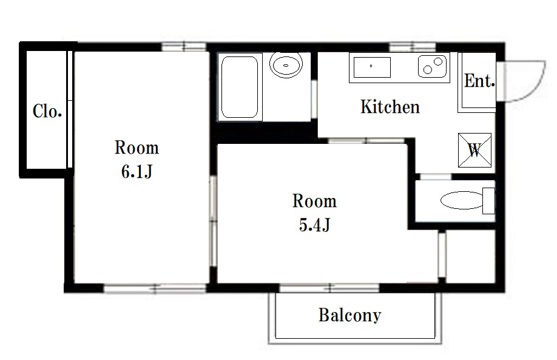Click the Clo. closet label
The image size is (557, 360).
(47, 111)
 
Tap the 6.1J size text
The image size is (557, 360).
(137, 172)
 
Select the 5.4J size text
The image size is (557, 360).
(314, 225)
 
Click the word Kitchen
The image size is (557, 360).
(390, 107)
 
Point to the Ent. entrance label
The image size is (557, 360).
(479, 81)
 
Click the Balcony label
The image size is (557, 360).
(349, 315)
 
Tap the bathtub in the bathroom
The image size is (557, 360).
(240, 87)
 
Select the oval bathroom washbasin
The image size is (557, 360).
(286, 65)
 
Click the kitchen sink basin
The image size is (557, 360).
(372, 67)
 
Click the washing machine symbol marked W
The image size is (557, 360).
(474, 150)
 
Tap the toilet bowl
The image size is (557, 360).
(462, 200)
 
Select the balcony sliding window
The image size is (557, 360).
(329, 288)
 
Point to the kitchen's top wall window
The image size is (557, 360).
(413, 47)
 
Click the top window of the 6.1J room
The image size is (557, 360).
(184, 47)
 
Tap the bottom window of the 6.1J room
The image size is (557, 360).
(155, 288)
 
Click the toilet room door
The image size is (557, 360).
(436, 177)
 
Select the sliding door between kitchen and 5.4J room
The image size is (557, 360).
(366, 141)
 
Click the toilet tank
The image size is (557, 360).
(489, 201)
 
